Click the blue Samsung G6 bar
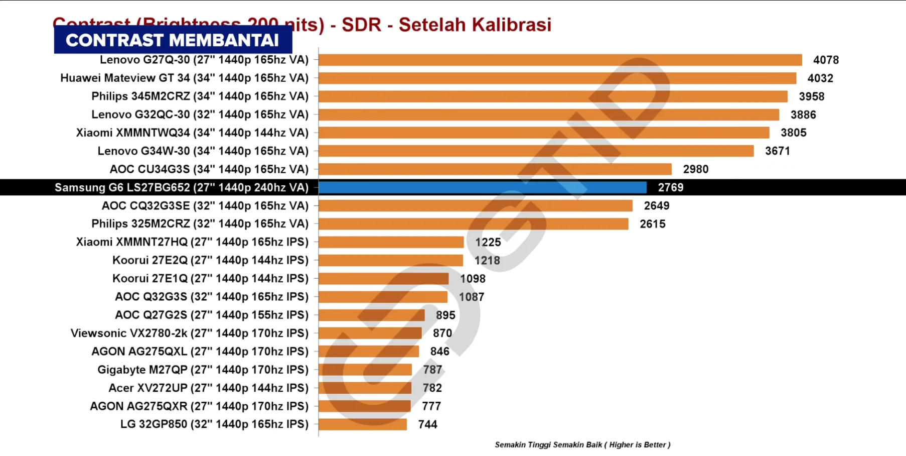point(483,187)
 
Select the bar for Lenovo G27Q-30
point(560,60)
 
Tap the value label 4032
point(820,78)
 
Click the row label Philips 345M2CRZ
point(200,96)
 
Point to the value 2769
point(670,188)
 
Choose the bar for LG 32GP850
point(363,424)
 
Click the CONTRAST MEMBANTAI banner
point(173,40)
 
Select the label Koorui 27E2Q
point(210,260)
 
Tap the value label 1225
point(488,243)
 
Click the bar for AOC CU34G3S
point(495,169)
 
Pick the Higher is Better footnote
point(582,445)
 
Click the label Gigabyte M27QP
point(203,370)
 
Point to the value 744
point(427,425)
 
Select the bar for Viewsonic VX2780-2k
point(370,333)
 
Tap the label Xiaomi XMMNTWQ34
point(192,133)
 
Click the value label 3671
point(777,151)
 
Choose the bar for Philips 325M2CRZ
point(473,224)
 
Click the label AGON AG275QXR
point(199,406)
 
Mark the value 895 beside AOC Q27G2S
point(445,315)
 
